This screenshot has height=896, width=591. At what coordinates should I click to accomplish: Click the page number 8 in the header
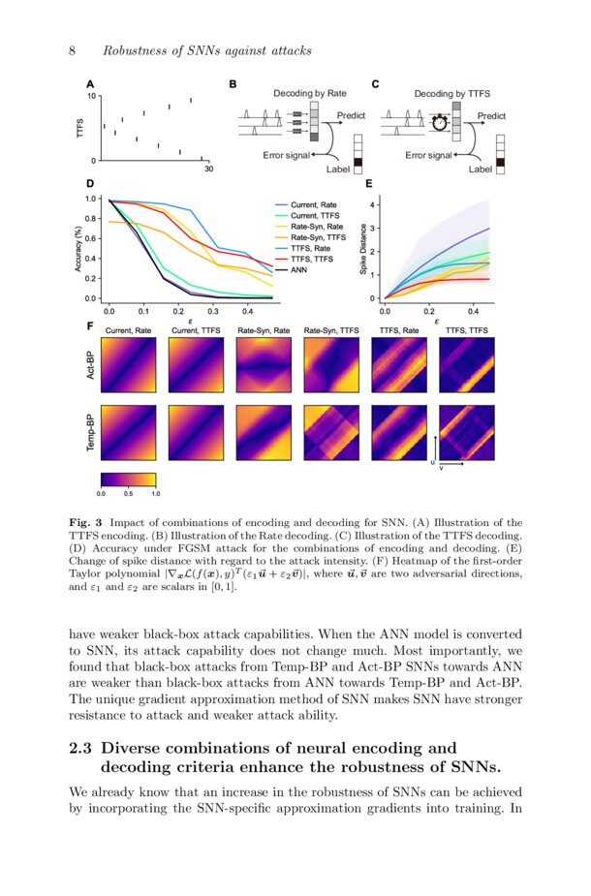point(73,50)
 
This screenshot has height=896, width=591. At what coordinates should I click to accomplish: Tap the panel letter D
point(90,182)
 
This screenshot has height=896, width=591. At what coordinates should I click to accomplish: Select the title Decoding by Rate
point(310,94)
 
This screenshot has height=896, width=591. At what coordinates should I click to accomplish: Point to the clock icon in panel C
point(440,122)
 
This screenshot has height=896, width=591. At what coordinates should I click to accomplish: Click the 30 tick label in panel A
point(208,170)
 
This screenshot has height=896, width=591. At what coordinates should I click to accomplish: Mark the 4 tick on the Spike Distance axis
point(373,205)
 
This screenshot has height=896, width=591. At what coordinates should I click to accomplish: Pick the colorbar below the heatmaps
point(128,478)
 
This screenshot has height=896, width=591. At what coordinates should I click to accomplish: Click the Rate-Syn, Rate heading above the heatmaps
point(264,331)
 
